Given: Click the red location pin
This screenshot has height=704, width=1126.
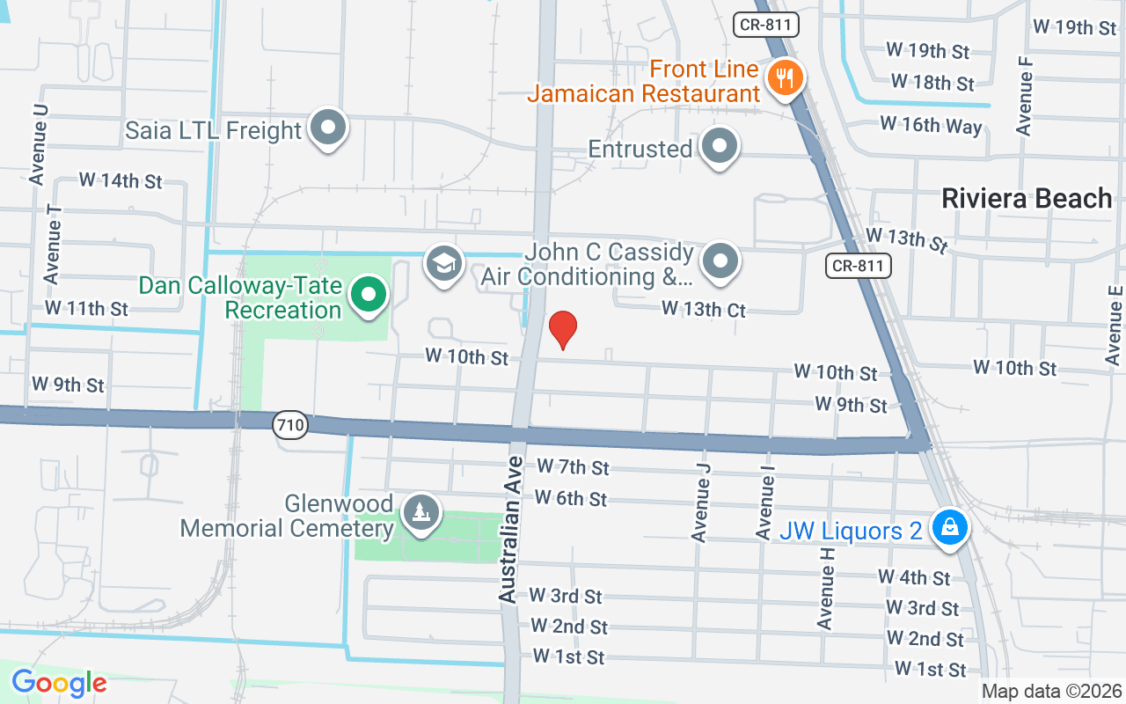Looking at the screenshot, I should pyautogui.click(x=562, y=329).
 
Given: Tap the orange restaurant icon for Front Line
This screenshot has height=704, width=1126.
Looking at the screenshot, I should pyautogui.click(x=781, y=78).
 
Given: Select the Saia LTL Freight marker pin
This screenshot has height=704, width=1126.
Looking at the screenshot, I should pyautogui.click(x=328, y=128).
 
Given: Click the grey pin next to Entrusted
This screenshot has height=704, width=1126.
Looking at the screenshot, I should pyautogui.click(x=720, y=147).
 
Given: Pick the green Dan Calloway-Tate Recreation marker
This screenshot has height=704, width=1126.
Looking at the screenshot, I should pyautogui.click(x=369, y=295).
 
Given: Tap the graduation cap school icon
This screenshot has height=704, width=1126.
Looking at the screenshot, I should pyautogui.click(x=444, y=263).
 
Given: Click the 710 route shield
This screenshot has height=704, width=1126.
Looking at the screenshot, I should pyautogui.click(x=289, y=426).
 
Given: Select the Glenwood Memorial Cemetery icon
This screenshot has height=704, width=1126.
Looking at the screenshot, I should pyautogui.click(x=420, y=513).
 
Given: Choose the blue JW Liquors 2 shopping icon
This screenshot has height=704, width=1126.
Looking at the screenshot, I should pyautogui.click(x=949, y=529).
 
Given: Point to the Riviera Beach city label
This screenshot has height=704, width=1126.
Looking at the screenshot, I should pyautogui.click(x=1027, y=198).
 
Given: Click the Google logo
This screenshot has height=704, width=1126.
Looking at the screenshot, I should pyautogui.click(x=59, y=683).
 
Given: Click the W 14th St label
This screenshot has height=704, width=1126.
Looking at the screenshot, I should pyautogui.click(x=121, y=180).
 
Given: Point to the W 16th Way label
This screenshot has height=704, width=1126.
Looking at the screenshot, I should pyautogui.click(x=931, y=125).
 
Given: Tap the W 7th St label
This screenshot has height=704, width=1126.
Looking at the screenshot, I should pyautogui.click(x=573, y=466).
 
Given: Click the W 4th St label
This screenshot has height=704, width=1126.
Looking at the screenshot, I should pyautogui.click(x=914, y=577).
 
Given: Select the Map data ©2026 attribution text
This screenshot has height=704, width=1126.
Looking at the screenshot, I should pyautogui.click(x=1052, y=692).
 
